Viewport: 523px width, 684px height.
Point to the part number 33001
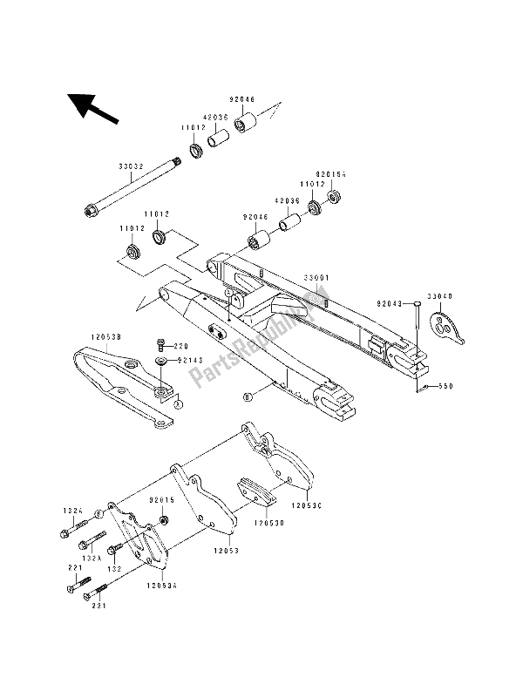pos(316,279)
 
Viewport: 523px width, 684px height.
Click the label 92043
pos(390,304)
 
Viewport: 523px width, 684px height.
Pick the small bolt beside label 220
pos(162,345)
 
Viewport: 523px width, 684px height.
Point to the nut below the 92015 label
pos(162,521)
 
